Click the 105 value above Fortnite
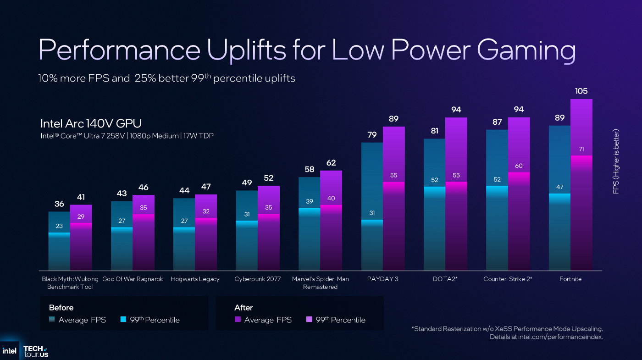pos(581,91)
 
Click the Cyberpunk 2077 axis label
pos(257,279)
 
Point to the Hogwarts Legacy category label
pos(195,279)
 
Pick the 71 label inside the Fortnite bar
pos(581,149)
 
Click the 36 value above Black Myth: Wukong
pos(59,204)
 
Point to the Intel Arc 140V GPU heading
pos(91,123)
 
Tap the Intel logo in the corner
pos(9,351)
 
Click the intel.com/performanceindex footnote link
pos(560,337)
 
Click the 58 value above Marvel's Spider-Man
pos(309,170)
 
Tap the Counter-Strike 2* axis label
pos(508,279)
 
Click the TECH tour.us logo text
pos(36,351)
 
